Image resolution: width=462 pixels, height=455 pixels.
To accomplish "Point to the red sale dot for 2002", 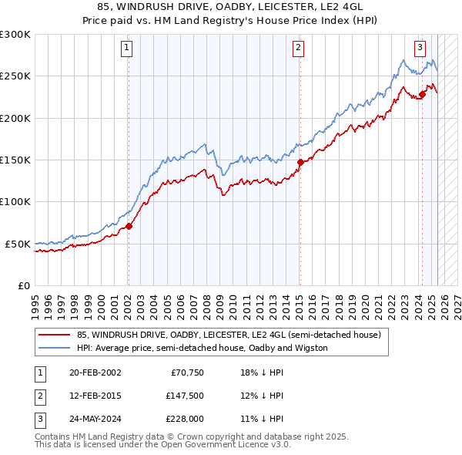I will [129, 226].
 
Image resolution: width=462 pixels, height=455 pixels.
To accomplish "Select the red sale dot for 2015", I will [300, 162].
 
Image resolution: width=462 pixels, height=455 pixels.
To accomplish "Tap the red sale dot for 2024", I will [422, 95].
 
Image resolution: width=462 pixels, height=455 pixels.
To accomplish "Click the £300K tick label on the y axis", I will [15, 35].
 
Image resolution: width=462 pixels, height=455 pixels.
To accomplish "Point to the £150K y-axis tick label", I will [15, 160].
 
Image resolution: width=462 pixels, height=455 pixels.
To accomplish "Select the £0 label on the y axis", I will [23, 285].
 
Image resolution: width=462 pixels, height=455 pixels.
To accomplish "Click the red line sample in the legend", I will [55, 335].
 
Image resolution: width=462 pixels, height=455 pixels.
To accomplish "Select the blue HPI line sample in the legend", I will [55, 349].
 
